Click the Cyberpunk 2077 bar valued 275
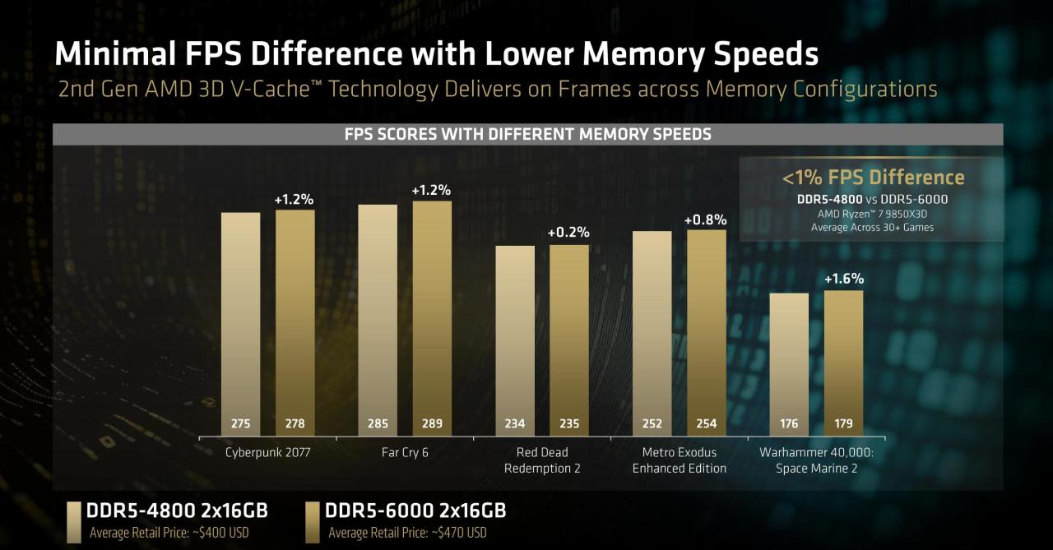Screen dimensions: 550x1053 (240, 321)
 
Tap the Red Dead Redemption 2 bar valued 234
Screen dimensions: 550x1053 (514, 337)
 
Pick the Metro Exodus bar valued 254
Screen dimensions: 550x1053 (707, 329)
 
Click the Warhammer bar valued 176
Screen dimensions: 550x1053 (789, 362)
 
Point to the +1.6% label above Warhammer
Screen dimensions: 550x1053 (844, 280)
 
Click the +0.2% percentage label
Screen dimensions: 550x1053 (568, 233)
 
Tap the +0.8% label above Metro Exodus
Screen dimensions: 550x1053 (706, 220)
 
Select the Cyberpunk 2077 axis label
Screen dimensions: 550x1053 (267, 452)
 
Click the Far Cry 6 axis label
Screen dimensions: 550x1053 (405, 452)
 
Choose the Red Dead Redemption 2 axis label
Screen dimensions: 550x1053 (541, 460)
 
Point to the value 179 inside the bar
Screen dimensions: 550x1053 (843, 424)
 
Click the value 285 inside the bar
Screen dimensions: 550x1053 (378, 424)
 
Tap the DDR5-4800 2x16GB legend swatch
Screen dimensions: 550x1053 (73, 521)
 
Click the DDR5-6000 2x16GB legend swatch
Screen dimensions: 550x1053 (312, 521)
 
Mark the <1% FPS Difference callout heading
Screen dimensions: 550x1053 (872, 178)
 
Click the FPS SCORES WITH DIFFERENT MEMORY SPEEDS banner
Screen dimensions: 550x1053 (527, 134)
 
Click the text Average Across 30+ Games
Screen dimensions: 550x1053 (872, 227)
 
